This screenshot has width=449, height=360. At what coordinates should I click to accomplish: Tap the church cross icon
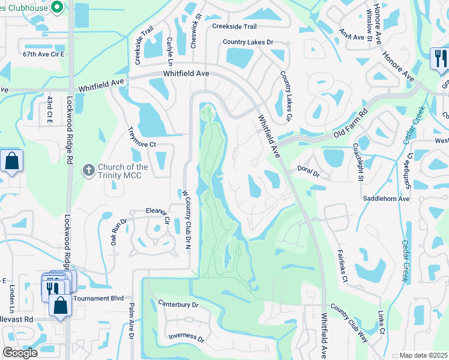tap(88, 170)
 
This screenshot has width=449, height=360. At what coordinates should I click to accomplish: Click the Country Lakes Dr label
tap(247, 42)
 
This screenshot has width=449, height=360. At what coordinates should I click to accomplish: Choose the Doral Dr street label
tap(309, 173)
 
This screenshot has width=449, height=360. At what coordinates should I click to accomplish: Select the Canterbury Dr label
tap(178, 304)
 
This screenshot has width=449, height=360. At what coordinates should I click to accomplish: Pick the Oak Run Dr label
tap(118, 231)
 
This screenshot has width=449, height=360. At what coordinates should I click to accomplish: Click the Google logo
tap(20, 353)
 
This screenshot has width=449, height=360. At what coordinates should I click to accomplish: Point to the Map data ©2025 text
tap(424, 355)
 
